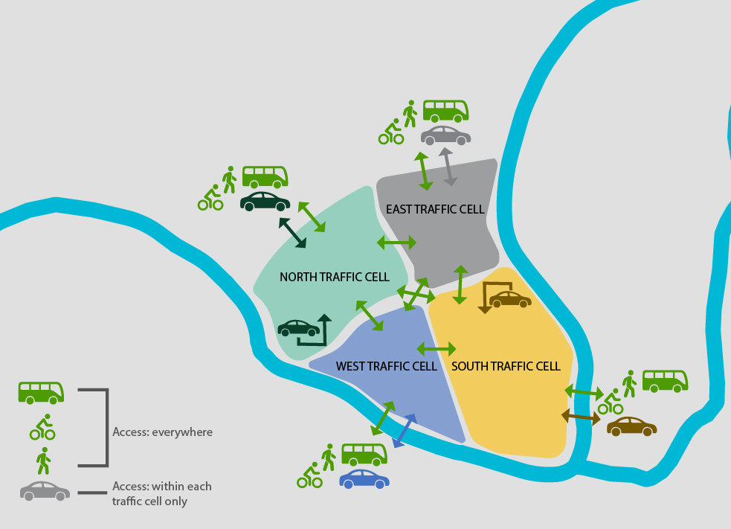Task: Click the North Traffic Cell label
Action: pyautogui.click(x=334, y=278)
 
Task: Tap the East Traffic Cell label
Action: pyautogui.click(x=435, y=209)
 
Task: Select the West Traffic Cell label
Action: pyautogui.click(x=386, y=366)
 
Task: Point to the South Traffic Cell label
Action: pyautogui.click(x=506, y=366)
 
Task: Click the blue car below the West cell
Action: pyautogui.click(x=364, y=478)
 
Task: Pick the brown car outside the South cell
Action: pyautogui.click(x=631, y=426)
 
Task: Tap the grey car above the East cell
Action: pyautogui.click(x=445, y=135)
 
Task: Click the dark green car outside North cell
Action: pyautogui.click(x=265, y=201)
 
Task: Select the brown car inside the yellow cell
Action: pyautogui.click(x=510, y=299)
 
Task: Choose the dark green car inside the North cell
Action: pyautogui.click(x=298, y=327)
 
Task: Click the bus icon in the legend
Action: pyautogui.click(x=41, y=392)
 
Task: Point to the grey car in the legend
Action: pyautogui.click(x=45, y=490)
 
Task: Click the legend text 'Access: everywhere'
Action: pyautogui.click(x=162, y=432)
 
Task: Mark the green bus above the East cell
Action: pyautogui.click(x=445, y=111)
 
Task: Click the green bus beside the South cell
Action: pyautogui.click(x=665, y=381)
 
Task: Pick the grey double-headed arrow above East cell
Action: pyautogui.click(x=448, y=167)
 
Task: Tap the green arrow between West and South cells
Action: pyautogui.click(x=437, y=348)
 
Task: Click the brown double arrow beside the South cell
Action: pyautogui.click(x=581, y=417)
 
